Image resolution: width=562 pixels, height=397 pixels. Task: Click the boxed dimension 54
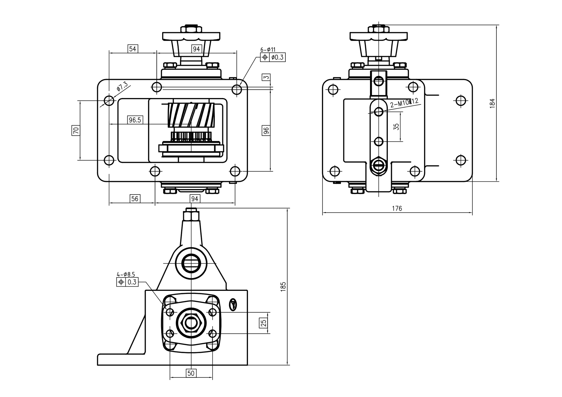tap(133, 49)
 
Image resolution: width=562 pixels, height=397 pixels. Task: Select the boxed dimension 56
tap(135, 199)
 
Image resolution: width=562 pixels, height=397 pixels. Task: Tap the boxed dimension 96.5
tap(135, 120)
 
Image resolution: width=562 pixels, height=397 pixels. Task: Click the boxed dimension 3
tap(266, 78)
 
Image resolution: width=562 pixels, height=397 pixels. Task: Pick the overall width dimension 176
tap(397, 209)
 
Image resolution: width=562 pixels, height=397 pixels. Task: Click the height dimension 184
tap(492, 103)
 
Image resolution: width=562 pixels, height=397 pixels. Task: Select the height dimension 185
tap(283, 286)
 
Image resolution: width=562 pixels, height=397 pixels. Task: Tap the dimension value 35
tap(396, 127)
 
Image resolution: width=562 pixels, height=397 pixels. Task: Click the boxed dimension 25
tap(263, 323)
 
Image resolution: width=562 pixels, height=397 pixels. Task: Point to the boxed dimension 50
tap(191, 373)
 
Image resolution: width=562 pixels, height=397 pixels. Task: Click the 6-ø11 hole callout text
tap(268, 50)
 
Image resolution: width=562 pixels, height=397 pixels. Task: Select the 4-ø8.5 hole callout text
tap(126, 274)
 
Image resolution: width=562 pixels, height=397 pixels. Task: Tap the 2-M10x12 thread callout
tap(404, 102)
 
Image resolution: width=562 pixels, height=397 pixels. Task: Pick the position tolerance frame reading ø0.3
tap(273, 57)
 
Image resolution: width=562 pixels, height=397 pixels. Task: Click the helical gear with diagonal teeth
tap(192, 116)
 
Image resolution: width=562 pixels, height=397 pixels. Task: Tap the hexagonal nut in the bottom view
tap(191, 323)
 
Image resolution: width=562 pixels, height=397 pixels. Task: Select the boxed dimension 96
tap(266, 130)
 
